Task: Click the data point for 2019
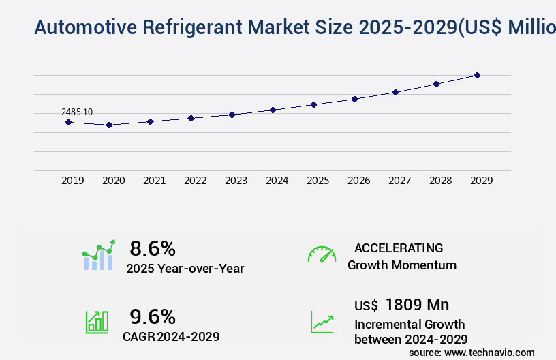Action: click(68, 122)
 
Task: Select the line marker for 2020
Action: click(109, 125)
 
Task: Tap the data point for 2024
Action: click(273, 110)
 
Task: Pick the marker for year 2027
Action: click(395, 92)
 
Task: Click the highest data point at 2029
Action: click(477, 75)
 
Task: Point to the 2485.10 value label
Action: click(77, 112)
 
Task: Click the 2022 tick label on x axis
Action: click(195, 181)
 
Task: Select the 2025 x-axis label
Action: click(318, 181)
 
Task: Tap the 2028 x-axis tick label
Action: click(440, 181)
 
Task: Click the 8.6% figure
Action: click(153, 248)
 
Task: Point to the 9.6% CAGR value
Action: click(153, 316)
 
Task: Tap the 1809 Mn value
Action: click(417, 305)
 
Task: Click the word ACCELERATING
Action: click(399, 248)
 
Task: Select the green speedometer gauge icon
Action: click(322, 254)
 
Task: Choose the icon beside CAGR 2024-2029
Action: click(97, 322)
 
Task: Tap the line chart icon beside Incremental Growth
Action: click(322, 322)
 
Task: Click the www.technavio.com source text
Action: click(489, 352)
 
